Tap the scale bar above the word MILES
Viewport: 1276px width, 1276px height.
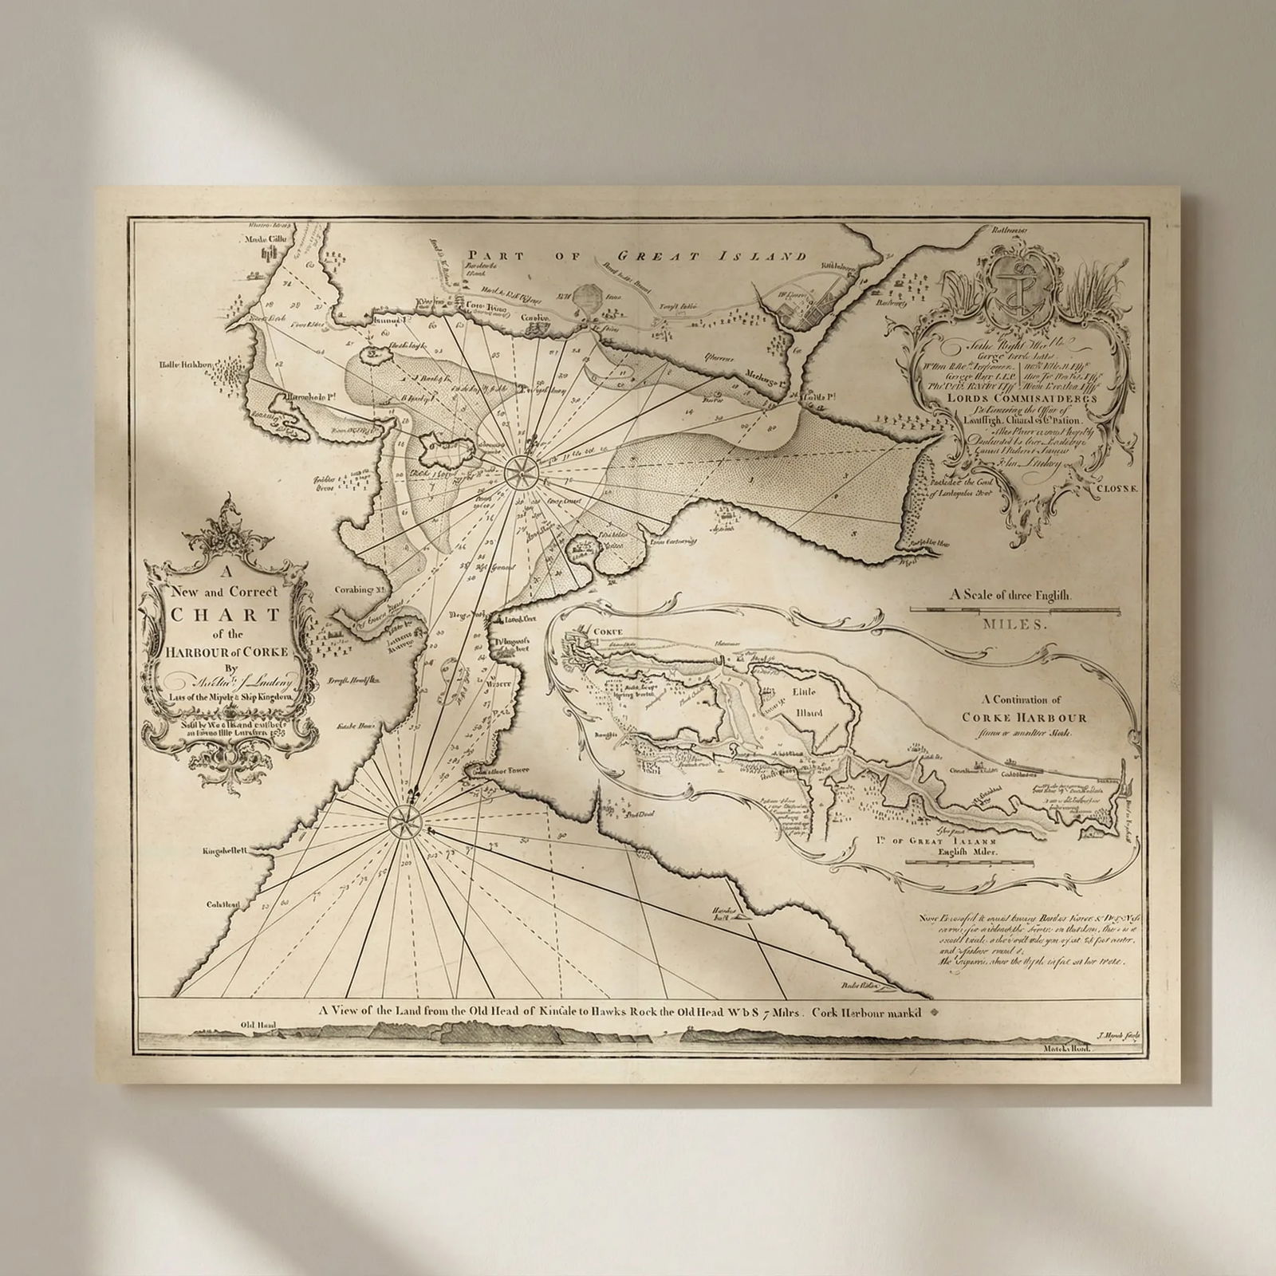(1015, 610)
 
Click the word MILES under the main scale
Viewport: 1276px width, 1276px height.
(1015, 625)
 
